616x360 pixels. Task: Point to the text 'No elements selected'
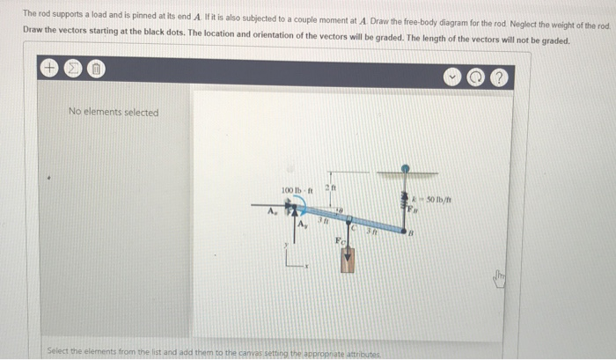114,113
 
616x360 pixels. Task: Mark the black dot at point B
406,232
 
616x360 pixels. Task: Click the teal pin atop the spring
405,165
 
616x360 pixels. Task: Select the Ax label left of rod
272,210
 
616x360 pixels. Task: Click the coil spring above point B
405,198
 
